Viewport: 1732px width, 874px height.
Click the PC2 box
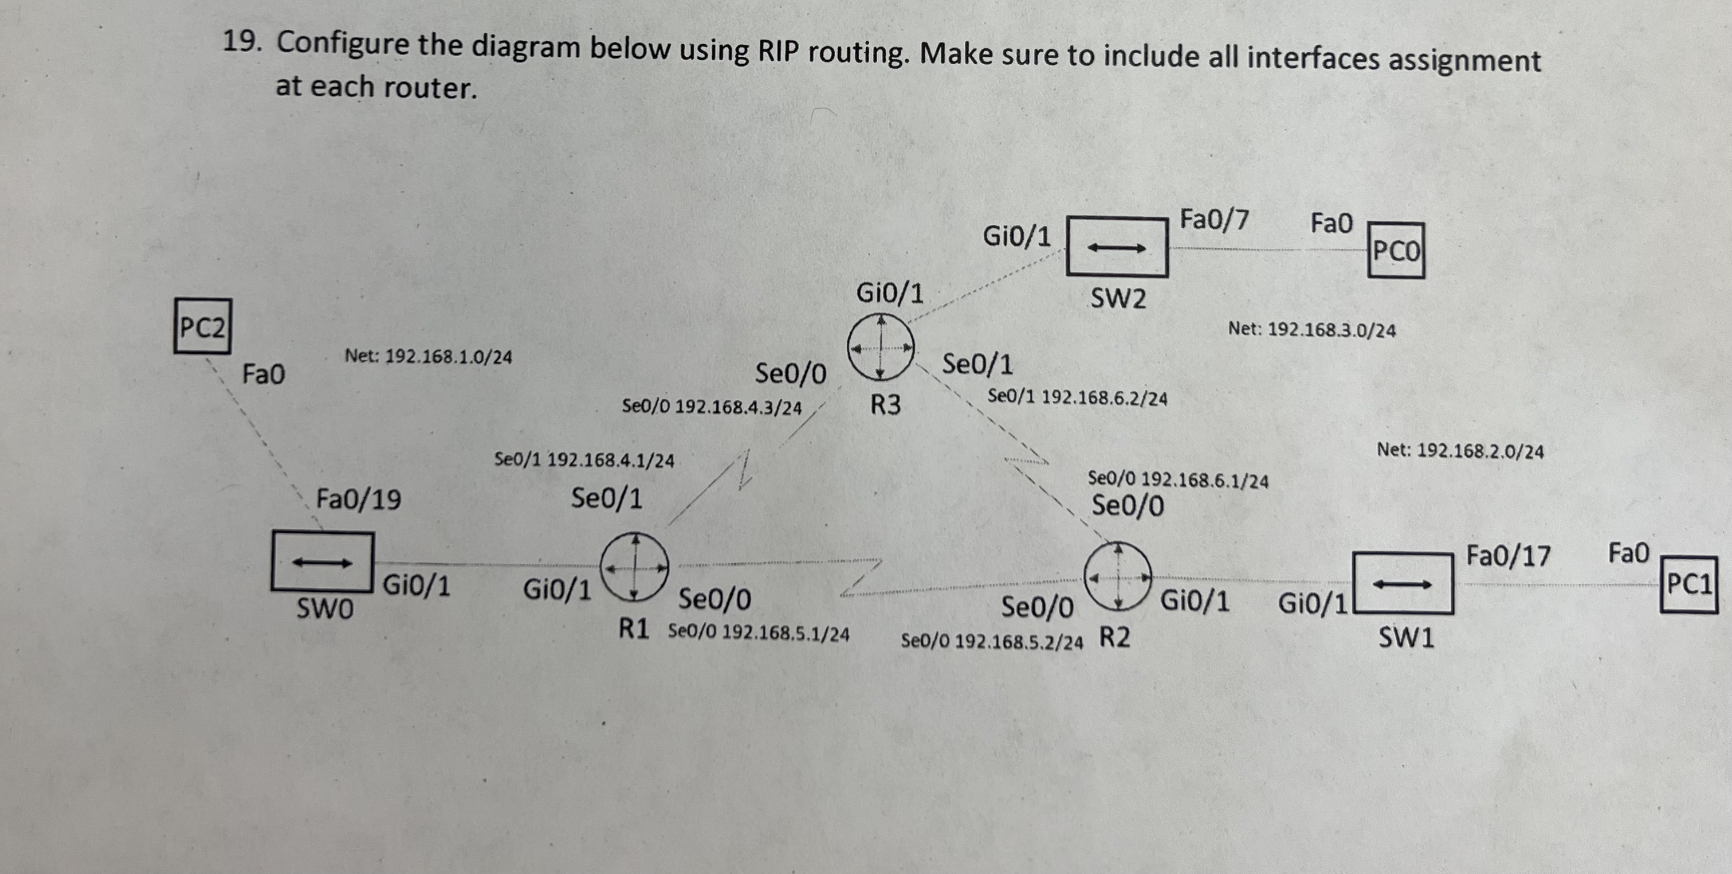(x=202, y=327)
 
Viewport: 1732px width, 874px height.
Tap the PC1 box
(x=1689, y=583)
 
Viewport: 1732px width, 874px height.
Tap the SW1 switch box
(x=1403, y=583)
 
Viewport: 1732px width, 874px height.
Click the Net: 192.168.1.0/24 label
(x=429, y=356)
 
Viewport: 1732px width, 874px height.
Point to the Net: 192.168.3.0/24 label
(x=1312, y=330)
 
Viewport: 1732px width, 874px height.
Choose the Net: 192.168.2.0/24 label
(x=1460, y=450)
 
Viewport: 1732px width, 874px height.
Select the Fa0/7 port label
(x=1214, y=220)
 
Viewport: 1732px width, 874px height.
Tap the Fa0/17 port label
(x=1508, y=556)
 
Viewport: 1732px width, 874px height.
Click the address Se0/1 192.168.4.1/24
(x=584, y=460)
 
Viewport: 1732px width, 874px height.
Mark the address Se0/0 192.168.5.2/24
(x=992, y=641)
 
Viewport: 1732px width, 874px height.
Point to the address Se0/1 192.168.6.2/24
(x=1077, y=397)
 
